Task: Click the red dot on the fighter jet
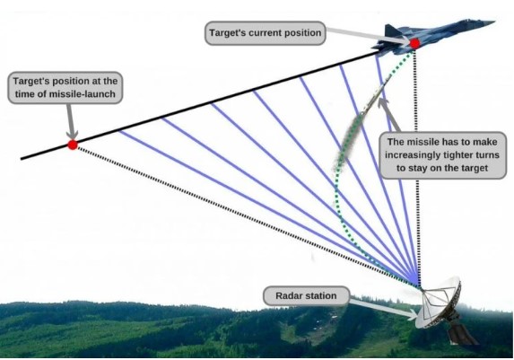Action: click(x=414, y=44)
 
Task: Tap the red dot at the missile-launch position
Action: click(x=73, y=145)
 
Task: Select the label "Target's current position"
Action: click(x=266, y=33)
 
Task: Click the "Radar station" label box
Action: click(x=306, y=295)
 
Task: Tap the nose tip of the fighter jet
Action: click(x=494, y=22)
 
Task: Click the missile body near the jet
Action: click(x=377, y=95)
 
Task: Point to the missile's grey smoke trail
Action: click(x=346, y=141)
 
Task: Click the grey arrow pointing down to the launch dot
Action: click(x=71, y=122)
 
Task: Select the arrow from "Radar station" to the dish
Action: click(x=384, y=309)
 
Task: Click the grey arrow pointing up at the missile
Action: click(x=388, y=114)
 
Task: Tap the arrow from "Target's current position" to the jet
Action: click(x=368, y=35)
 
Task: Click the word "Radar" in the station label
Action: click(x=288, y=296)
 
